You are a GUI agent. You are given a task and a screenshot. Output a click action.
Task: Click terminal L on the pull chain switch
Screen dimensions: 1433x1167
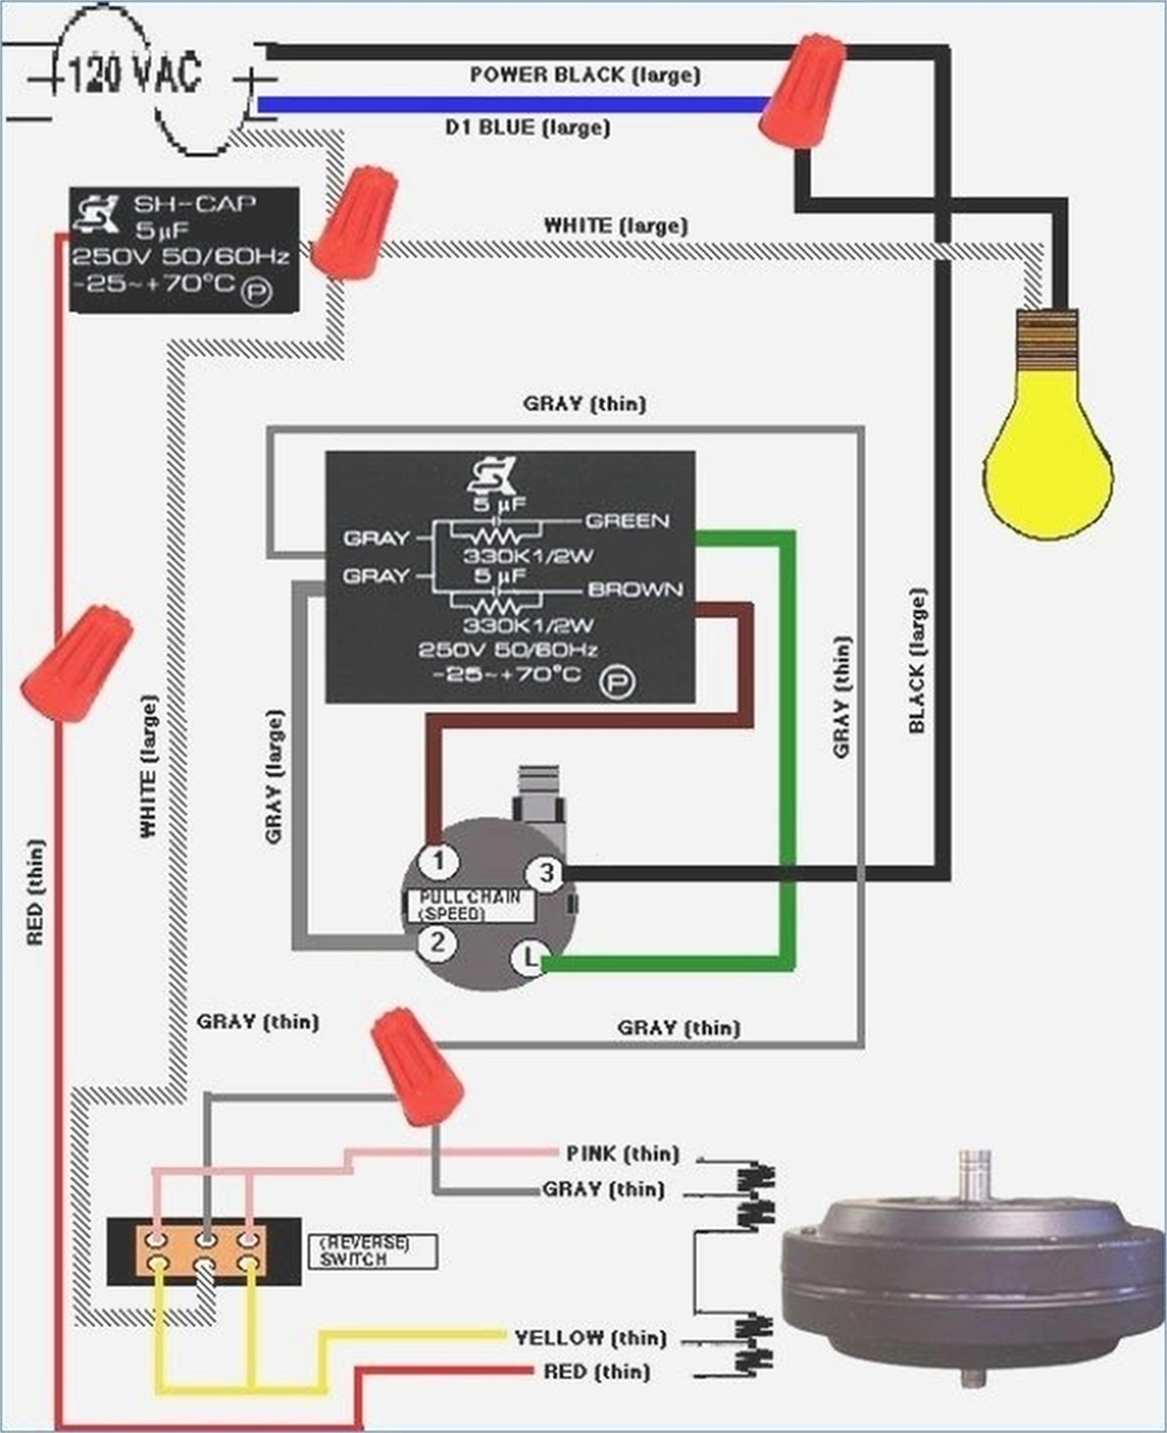tap(530, 958)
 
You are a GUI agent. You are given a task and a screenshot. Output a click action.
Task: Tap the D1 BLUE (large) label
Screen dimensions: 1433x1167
tap(528, 127)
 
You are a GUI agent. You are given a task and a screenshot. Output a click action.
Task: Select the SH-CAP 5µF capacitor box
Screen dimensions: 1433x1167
tap(184, 249)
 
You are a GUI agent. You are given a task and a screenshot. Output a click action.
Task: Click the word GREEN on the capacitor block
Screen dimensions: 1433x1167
tap(627, 521)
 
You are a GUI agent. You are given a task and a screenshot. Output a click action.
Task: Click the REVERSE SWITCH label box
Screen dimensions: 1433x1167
tap(373, 1251)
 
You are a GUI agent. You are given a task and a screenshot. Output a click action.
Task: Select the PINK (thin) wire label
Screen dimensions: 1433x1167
tap(622, 1154)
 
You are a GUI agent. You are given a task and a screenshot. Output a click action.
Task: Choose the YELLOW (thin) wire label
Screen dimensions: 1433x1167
tap(590, 1338)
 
